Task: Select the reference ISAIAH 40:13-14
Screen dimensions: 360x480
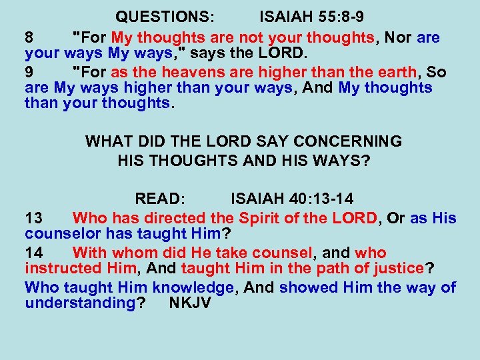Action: (x=292, y=199)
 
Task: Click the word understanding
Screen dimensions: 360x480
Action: (x=80, y=303)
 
